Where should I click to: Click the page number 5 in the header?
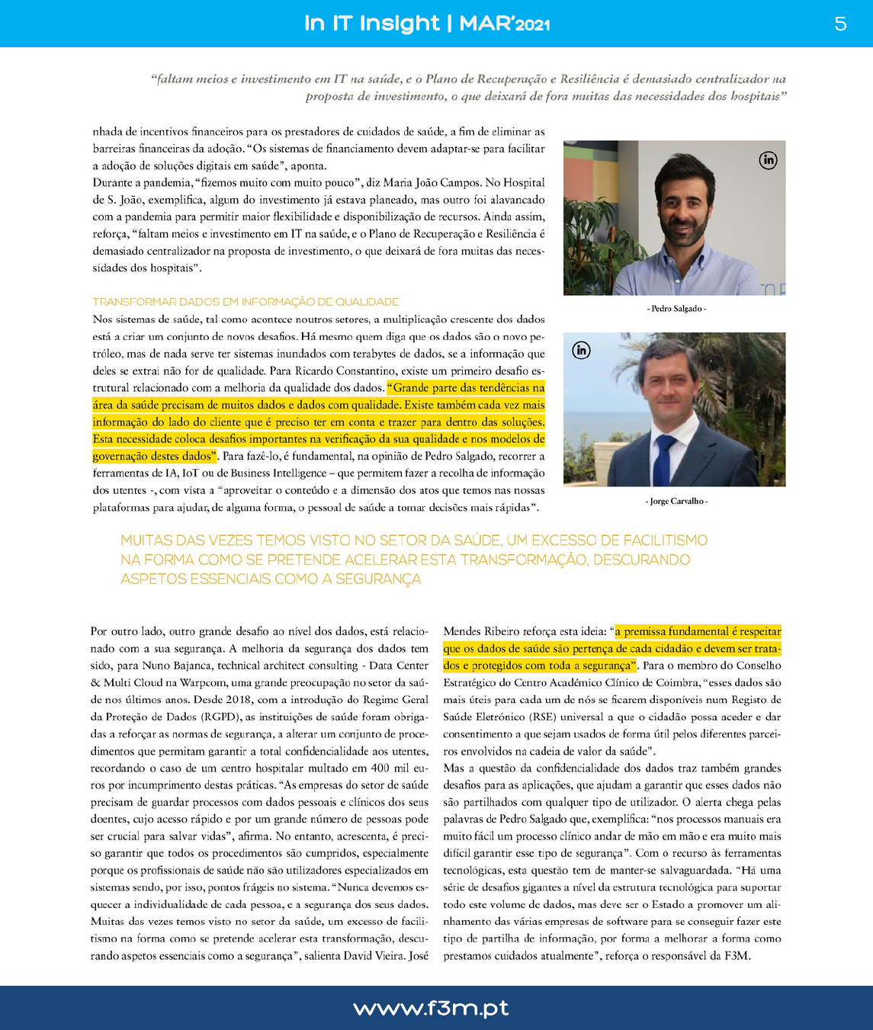point(840,24)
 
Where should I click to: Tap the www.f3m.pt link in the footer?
point(431,1008)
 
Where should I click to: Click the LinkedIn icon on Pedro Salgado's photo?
point(768,160)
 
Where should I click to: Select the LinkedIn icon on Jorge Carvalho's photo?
point(581,350)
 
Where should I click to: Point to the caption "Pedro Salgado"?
point(676,309)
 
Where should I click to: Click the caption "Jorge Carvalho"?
point(676,501)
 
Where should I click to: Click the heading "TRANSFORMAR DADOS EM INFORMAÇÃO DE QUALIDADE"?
point(246,302)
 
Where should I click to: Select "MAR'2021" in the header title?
point(504,24)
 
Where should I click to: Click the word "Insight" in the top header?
point(400,24)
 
